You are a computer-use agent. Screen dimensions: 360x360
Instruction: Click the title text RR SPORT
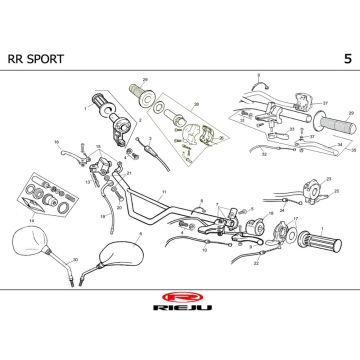[x=41, y=59]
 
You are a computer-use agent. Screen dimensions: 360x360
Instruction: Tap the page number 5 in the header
[x=346, y=59]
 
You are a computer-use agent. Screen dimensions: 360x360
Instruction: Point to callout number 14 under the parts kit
[x=31, y=218]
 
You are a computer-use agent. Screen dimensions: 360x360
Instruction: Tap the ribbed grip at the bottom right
[x=327, y=240]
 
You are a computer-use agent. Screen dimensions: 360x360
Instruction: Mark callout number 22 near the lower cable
[x=256, y=263]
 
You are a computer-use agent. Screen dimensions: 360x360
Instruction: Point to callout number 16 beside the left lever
[x=56, y=142]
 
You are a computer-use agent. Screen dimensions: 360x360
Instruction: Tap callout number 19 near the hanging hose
[x=103, y=213]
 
